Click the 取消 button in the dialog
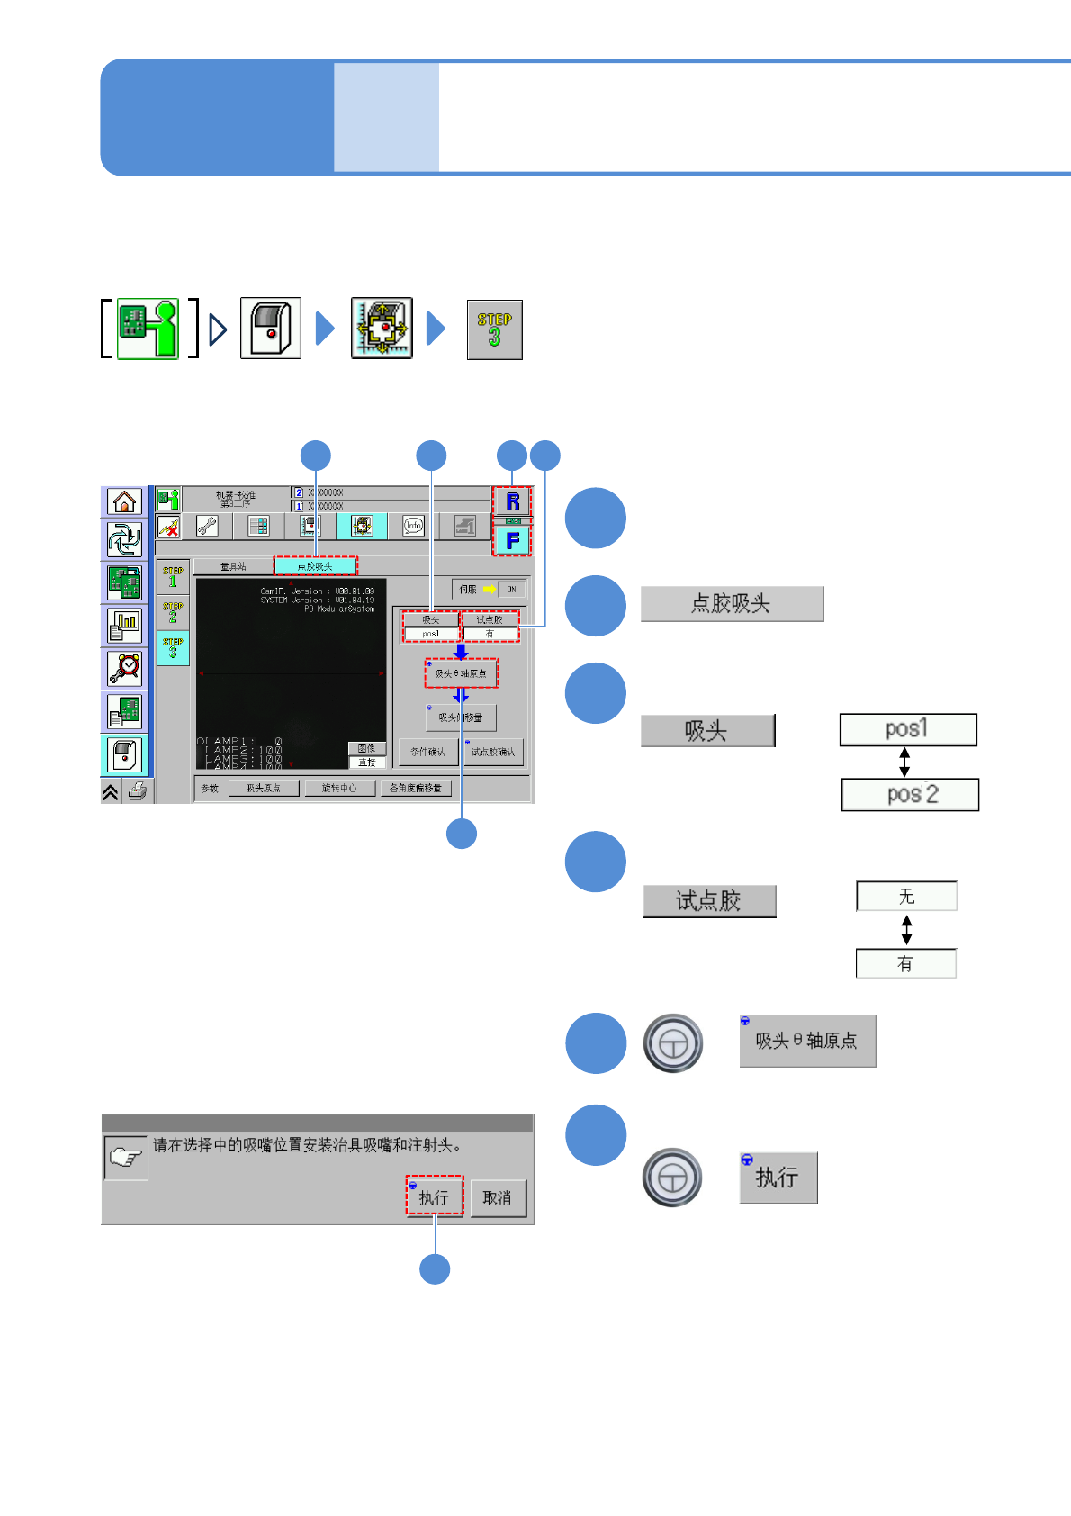tap(498, 1198)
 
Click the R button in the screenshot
tap(512, 501)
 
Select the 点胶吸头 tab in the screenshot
tap(315, 566)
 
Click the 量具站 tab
tap(233, 566)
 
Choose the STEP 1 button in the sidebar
tap(173, 577)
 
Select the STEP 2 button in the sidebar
tap(173, 612)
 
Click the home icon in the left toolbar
tap(125, 501)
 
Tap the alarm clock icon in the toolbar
tap(125, 668)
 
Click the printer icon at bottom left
tap(138, 791)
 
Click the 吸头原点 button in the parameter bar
tap(263, 788)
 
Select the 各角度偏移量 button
tap(416, 788)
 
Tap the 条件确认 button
tap(427, 752)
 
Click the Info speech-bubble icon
tap(413, 527)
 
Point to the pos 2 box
tap(910, 794)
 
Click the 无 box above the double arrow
tap(906, 897)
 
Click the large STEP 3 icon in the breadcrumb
tap(494, 329)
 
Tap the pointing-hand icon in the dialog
tap(126, 1158)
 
